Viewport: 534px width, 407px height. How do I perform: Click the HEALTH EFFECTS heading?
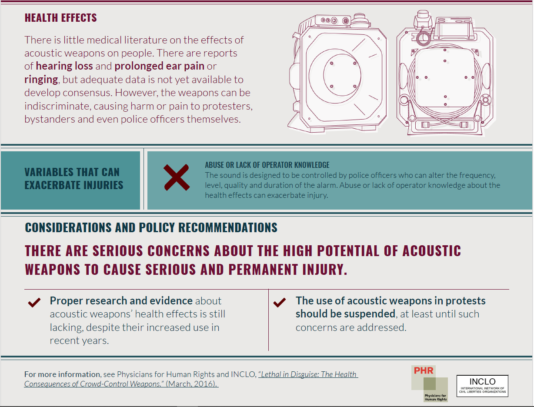(60, 18)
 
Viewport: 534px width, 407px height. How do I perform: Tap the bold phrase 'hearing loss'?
(64, 66)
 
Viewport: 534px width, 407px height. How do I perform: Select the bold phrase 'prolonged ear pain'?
(159, 66)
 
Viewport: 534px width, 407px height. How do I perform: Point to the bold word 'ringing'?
(41, 80)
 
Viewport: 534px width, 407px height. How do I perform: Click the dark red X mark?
(176, 177)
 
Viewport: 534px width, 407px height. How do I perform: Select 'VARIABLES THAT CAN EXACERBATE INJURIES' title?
(74, 179)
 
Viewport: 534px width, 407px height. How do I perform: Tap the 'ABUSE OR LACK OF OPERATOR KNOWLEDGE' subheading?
(267, 165)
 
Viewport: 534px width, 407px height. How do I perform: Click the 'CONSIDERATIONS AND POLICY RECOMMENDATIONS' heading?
(151, 227)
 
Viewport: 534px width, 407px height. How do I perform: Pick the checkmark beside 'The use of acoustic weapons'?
(280, 302)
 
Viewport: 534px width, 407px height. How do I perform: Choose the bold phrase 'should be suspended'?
(345, 314)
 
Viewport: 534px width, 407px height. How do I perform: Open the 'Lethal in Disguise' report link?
(191, 379)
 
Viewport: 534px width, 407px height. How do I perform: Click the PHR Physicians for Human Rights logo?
(430, 384)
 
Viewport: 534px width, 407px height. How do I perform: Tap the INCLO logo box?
(482, 385)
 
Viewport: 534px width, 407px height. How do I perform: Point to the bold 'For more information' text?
(62, 374)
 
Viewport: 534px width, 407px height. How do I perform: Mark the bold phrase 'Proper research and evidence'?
(121, 300)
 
